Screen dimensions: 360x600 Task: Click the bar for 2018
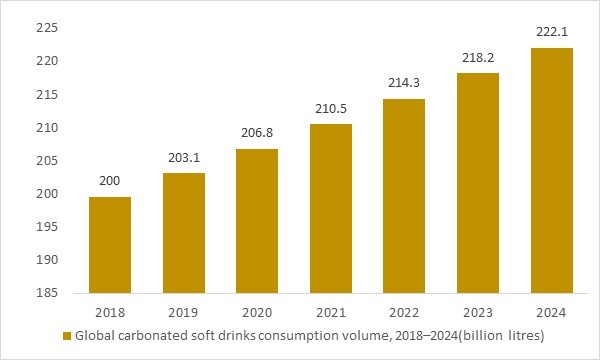click(110, 244)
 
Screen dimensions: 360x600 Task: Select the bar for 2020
click(257, 220)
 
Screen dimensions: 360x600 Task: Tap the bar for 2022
click(405, 195)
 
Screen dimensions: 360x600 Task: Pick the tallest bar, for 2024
click(552, 170)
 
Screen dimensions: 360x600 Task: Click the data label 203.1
click(184, 157)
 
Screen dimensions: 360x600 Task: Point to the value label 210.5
click(331, 108)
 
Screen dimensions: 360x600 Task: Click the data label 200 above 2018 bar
click(110, 181)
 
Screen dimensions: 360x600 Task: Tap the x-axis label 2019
click(184, 311)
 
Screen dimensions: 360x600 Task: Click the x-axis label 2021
click(331, 311)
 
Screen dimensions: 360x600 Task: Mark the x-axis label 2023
click(478, 311)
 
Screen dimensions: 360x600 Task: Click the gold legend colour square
click(67, 336)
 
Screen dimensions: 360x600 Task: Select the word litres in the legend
click(519, 336)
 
